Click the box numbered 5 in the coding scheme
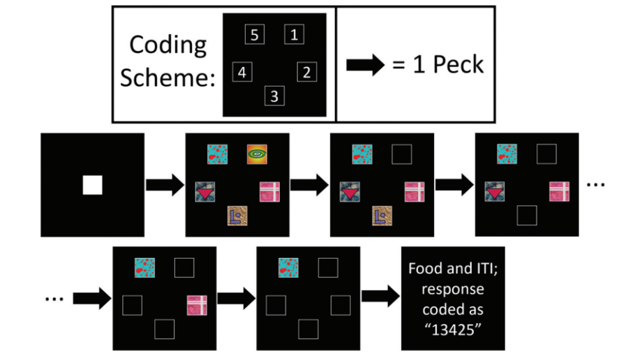(255, 34)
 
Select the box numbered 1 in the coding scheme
(294, 34)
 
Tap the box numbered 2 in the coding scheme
(308, 72)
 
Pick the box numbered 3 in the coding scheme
(274, 96)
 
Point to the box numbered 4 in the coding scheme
(241, 72)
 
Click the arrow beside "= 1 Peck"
(366, 65)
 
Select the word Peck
(458, 65)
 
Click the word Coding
(168, 45)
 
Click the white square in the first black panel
(93, 185)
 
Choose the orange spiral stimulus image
(257, 154)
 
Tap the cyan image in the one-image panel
(289, 268)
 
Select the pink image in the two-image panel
(197, 306)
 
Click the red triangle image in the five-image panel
(205, 191)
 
